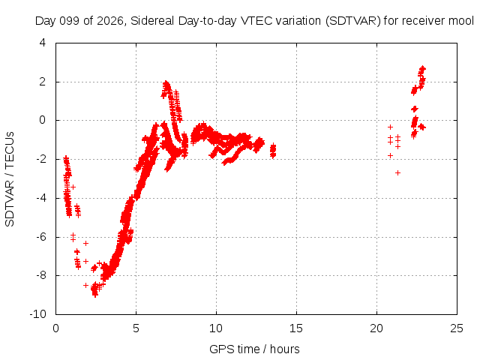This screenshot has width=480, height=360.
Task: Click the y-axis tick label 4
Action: point(43,43)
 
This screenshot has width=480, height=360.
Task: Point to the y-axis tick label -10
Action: point(37,314)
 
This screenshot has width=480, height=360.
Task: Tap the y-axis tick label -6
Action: point(41,237)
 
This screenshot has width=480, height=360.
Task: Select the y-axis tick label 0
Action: point(43,120)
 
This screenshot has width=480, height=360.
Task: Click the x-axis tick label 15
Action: point(296,328)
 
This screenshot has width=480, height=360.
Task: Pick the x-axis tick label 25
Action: point(457,328)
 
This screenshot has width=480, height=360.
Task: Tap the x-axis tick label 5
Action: point(136,328)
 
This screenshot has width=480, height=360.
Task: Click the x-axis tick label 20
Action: point(376,328)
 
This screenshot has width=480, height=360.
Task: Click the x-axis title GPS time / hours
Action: point(254,349)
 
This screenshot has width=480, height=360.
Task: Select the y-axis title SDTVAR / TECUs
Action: point(10,179)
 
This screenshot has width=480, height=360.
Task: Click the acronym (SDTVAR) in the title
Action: point(353,21)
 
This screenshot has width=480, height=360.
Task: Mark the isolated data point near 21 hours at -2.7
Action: point(397,173)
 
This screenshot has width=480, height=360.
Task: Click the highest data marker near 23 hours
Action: point(422,68)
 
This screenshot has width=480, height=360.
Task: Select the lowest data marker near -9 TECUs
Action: point(95,295)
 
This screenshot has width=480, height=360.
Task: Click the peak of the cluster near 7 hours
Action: point(166,83)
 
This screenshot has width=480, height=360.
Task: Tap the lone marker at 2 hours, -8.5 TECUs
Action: point(86,285)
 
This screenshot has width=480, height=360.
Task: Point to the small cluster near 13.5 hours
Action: point(273,151)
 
